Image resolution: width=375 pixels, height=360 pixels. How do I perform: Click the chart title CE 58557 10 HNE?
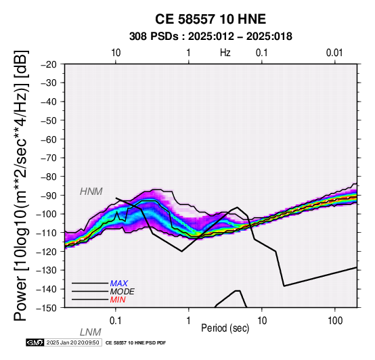coord(211,19)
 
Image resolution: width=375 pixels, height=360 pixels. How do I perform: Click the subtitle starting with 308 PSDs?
coord(211,37)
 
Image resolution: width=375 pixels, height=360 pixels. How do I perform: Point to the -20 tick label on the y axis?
coord(49,64)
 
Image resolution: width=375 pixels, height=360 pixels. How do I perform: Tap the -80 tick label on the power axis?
coord(49,177)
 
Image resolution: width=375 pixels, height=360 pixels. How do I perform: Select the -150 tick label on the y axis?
coord(47,308)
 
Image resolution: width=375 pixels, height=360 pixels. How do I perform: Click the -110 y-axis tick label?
coord(47,233)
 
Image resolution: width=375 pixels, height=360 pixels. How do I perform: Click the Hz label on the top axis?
coord(225,53)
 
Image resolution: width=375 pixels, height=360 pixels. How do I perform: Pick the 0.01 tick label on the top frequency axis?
coord(334,53)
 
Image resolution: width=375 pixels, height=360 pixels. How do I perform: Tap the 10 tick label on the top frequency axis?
coord(116,53)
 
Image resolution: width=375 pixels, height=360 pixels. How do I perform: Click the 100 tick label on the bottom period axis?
coord(335,321)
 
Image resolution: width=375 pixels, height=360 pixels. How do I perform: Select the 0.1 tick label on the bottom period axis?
coord(116,321)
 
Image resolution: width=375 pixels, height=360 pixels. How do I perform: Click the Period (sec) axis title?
coord(225,328)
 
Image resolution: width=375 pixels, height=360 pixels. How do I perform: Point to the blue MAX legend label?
coord(119,284)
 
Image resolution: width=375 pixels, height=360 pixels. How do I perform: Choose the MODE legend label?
coord(123,292)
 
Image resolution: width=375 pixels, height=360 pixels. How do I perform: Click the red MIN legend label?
coord(118,300)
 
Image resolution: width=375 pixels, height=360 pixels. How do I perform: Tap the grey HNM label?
coord(91,192)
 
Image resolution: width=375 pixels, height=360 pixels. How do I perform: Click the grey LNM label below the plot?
coord(91,332)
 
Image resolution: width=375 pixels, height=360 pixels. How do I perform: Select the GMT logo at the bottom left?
coord(35,342)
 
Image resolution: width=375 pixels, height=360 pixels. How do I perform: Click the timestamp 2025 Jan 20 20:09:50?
coord(72,342)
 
